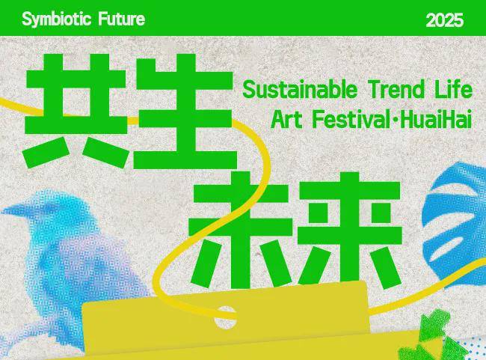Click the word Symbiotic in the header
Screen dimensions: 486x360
pos(57,19)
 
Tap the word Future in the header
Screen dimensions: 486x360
pos(122,19)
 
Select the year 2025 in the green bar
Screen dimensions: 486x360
pos(444,21)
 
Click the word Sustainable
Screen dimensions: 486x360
pos(300,89)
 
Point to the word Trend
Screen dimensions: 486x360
pos(397,89)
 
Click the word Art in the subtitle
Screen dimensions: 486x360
pos(286,120)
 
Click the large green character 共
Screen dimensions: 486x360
pos(76,111)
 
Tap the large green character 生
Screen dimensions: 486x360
pos(185,112)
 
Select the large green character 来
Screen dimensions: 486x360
pos(350,231)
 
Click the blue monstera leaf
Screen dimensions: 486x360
pos(454,224)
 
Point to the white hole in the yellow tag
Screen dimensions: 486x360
pos(225,317)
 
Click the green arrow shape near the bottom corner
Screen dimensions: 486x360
pos(433,324)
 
